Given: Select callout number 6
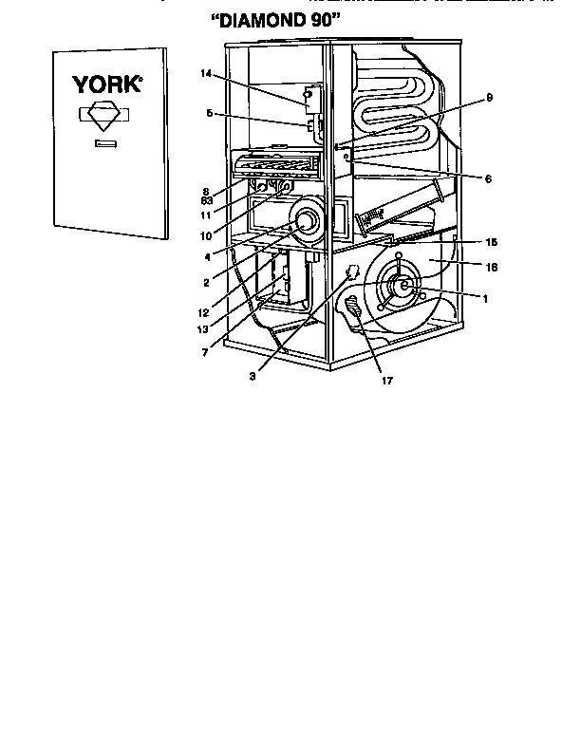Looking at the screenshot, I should [488, 178].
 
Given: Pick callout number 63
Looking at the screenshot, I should [205, 201].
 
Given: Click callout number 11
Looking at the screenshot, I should [205, 215].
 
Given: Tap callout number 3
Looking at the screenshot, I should [253, 376].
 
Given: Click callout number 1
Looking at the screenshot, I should [485, 298].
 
